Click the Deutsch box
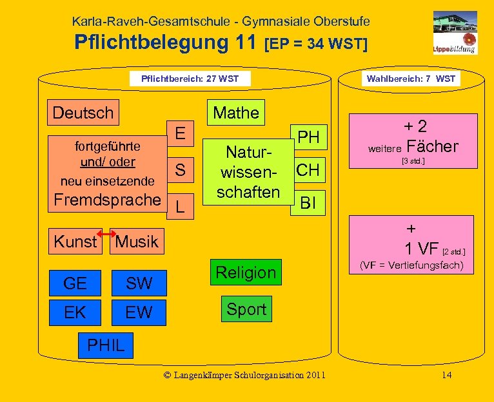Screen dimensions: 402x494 pyautogui.click(x=83, y=113)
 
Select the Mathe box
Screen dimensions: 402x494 pyautogui.click(x=236, y=113)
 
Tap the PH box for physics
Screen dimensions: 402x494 pyautogui.click(x=309, y=137)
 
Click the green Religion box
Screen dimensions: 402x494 pyautogui.click(x=246, y=273)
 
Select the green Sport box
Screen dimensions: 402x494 pyautogui.click(x=246, y=309)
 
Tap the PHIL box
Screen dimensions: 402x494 pyautogui.click(x=105, y=345)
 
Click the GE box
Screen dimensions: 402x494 pyautogui.click(x=75, y=283)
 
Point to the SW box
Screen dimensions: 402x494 pyautogui.click(x=139, y=283)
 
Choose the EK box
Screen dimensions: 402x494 pyautogui.click(x=75, y=313)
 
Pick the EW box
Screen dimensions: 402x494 pyautogui.click(x=139, y=313)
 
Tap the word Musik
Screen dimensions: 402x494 pyautogui.click(x=137, y=242)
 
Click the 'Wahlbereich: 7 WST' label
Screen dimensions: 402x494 pyautogui.click(x=411, y=79)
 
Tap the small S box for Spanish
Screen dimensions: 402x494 pyautogui.click(x=180, y=170)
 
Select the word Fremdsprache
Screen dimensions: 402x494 pyautogui.click(x=106, y=199)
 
